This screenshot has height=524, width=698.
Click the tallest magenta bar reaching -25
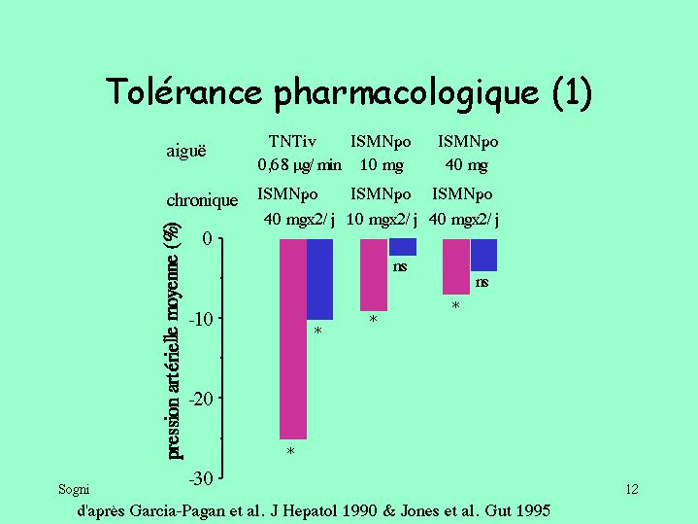click(293, 338)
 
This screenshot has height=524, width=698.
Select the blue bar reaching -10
click(320, 279)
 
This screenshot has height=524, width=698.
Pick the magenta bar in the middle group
click(374, 274)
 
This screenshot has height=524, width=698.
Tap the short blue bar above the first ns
click(402, 247)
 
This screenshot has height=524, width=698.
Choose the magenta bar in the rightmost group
click(456, 266)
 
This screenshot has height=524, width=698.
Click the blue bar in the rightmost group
click(483, 255)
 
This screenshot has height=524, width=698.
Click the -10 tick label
click(200, 319)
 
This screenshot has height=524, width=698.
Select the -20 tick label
click(200, 399)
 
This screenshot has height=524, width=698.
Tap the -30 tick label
click(200, 478)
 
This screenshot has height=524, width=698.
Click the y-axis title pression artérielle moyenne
click(172, 341)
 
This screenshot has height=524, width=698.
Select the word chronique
click(202, 201)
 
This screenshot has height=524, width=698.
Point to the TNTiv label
click(292, 141)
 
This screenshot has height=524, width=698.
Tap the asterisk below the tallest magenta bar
click(290, 453)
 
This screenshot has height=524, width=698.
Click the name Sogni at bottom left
click(74, 489)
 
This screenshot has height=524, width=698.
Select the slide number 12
click(632, 489)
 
